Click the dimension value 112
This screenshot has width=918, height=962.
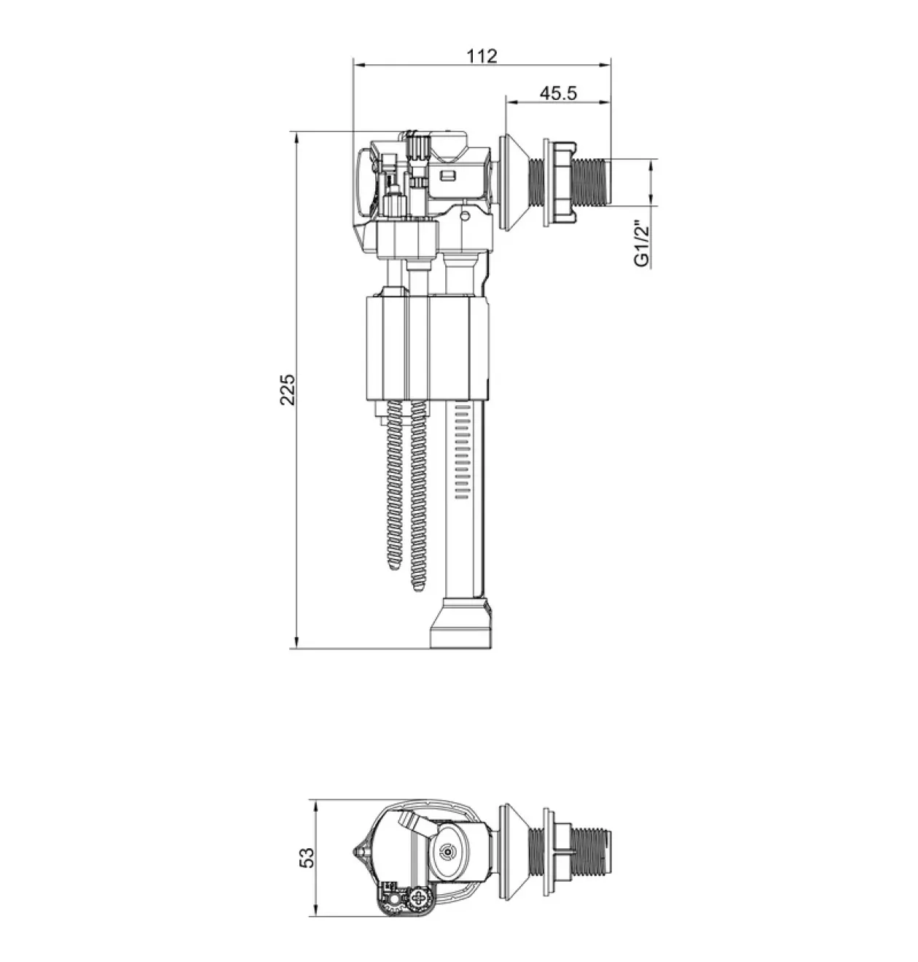click(x=482, y=56)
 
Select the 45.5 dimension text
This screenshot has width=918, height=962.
click(x=558, y=93)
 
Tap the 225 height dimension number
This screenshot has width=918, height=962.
click(x=288, y=389)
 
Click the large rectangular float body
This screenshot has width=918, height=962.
click(x=427, y=348)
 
